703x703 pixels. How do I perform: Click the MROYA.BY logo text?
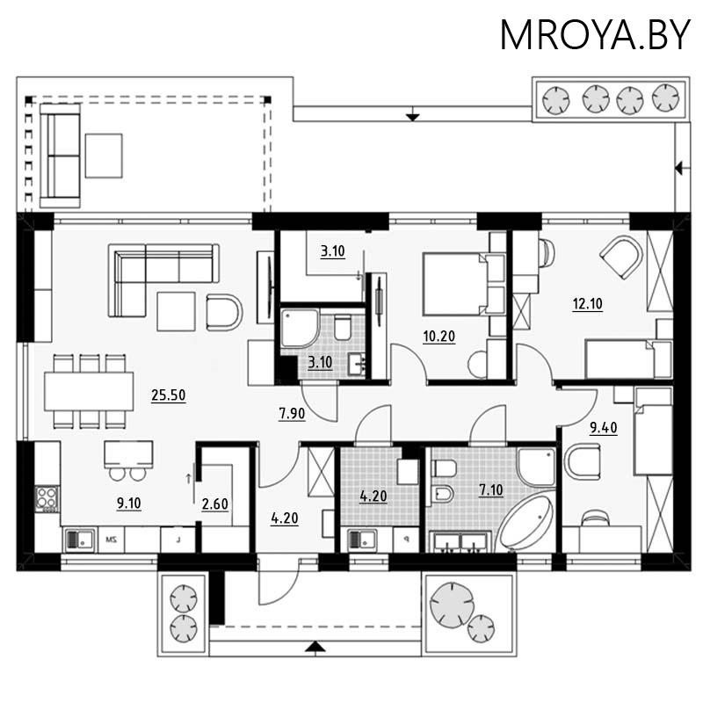click(595, 34)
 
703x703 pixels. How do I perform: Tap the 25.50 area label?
click(166, 396)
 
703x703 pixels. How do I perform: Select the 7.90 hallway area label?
click(292, 415)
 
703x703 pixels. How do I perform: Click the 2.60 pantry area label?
click(214, 504)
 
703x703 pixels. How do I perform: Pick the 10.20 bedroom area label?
click(438, 337)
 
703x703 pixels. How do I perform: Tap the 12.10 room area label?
click(589, 306)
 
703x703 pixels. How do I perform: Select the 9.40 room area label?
click(604, 428)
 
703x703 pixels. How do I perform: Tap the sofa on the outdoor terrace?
click(61, 155)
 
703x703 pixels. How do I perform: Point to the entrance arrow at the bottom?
click(315, 648)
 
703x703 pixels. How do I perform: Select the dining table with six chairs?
click(87, 392)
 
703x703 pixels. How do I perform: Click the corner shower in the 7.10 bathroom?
click(536, 467)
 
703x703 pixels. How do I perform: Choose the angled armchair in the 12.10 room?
click(620, 256)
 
